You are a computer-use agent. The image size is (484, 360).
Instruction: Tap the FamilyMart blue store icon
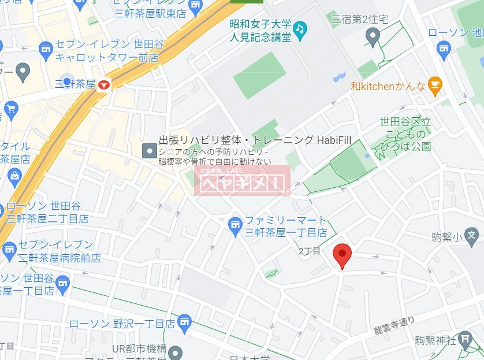click(x=235, y=225)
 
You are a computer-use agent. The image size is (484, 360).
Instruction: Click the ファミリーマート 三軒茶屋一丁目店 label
click(x=286, y=227)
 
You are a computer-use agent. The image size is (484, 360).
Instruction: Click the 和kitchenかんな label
click(x=388, y=87)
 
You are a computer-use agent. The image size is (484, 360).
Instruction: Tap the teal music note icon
click(x=300, y=29)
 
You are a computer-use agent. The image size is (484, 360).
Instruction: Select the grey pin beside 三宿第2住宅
click(x=373, y=38)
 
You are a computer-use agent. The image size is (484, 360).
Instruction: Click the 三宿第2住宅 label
click(x=358, y=20)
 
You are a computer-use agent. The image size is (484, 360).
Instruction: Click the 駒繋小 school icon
click(x=472, y=236)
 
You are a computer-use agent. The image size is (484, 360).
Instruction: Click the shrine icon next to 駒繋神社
click(x=465, y=340)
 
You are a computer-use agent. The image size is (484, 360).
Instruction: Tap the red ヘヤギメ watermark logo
click(x=243, y=180)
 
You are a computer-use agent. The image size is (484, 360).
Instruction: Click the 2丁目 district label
click(x=310, y=251)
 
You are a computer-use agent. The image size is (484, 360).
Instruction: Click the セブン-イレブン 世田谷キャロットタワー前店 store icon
click(x=46, y=51)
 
